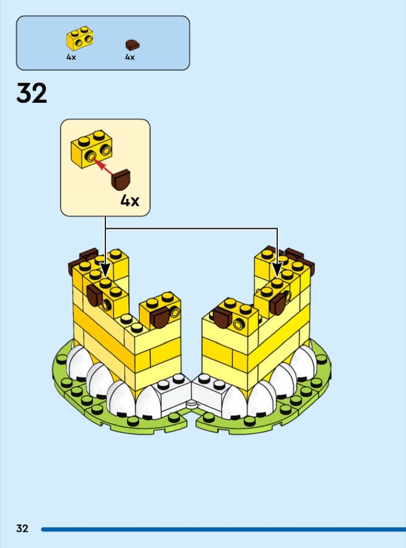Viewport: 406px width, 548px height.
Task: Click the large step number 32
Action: [31, 93]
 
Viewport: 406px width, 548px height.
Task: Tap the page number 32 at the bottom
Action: [22, 528]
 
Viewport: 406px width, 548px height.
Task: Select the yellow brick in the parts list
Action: [80, 38]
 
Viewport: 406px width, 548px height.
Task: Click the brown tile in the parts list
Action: [132, 45]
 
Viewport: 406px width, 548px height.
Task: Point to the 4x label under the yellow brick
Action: [71, 57]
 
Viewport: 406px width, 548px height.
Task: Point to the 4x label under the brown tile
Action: [130, 57]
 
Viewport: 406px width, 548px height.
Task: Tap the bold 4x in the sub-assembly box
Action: [130, 200]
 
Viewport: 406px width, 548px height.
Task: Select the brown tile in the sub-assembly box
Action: [121, 180]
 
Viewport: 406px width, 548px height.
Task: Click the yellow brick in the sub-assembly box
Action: [91, 149]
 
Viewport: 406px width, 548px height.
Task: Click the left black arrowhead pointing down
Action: [105, 271]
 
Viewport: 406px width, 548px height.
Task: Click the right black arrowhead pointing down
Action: [277, 271]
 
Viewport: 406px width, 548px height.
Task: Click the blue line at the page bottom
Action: [224, 530]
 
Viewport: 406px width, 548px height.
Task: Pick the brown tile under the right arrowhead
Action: [278, 303]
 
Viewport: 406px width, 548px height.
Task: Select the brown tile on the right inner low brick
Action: [223, 318]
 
